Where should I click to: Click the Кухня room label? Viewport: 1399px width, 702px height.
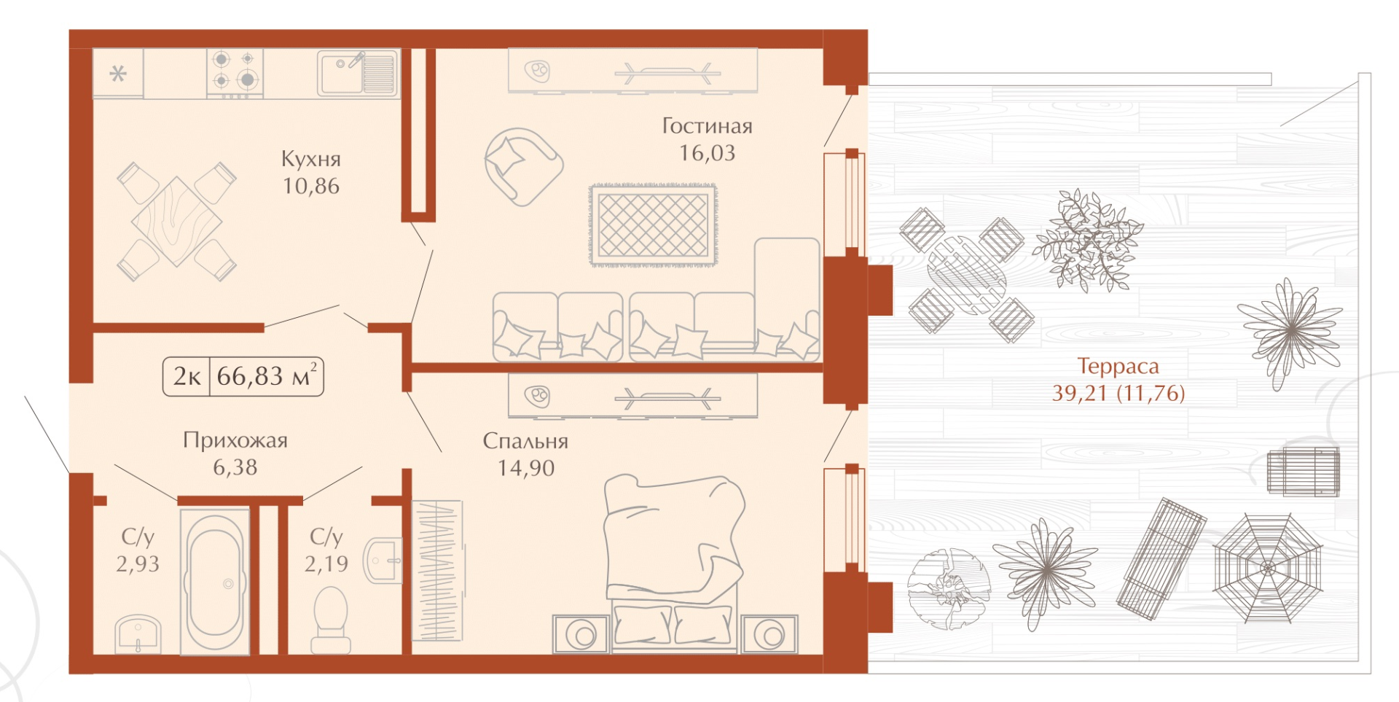[311, 159]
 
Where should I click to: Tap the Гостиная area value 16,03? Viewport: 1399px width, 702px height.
[707, 153]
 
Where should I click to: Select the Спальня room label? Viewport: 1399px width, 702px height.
[525, 441]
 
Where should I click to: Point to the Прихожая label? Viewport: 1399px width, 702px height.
[235, 440]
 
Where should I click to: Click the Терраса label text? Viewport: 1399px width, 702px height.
[1118, 366]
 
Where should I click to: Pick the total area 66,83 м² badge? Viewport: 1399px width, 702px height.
[243, 376]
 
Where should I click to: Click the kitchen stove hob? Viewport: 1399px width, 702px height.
[235, 73]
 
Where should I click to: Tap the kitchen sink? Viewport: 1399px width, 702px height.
[358, 73]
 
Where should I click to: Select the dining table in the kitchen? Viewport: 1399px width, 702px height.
[177, 222]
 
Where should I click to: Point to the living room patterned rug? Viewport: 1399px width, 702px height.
[653, 225]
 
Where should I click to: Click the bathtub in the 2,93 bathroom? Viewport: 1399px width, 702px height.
[215, 581]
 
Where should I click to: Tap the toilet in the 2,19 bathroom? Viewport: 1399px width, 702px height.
[331, 620]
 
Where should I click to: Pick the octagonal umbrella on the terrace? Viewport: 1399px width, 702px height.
[1267, 568]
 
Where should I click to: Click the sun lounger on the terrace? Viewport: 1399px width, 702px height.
[1161, 558]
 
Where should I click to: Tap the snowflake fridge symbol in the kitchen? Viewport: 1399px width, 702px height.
[118, 74]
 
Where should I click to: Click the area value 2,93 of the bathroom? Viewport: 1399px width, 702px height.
[138, 563]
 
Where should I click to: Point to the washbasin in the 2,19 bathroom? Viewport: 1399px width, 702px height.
[383, 561]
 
